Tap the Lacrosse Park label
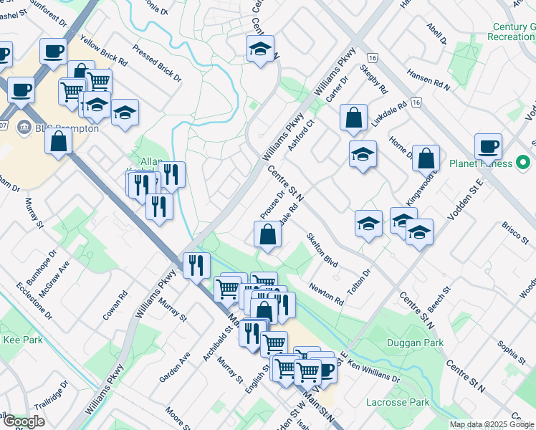click(x=398, y=403)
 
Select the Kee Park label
click(x=22, y=340)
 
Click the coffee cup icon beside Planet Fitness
click(x=489, y=146)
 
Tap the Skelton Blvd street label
click(x=322, y=250)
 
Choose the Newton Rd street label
click(x=326, y=294)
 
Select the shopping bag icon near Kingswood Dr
click(x=426, y=158)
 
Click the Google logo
click(x=24, y=421)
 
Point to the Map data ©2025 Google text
click(x=492, y=424)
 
